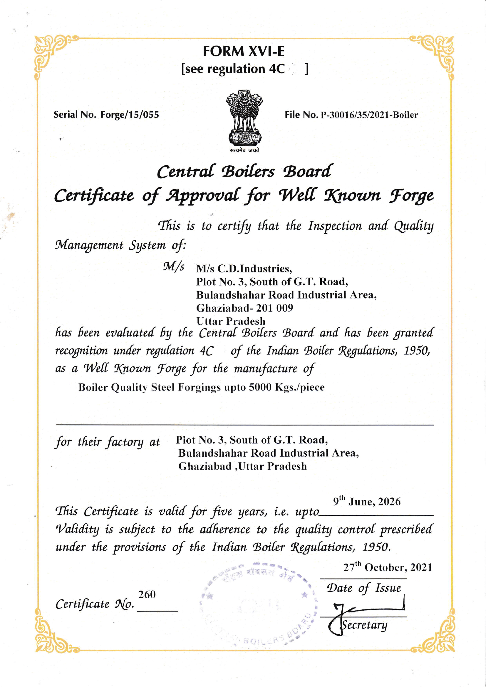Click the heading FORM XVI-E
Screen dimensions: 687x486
(243, 51)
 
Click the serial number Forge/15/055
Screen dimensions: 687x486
(130, 115)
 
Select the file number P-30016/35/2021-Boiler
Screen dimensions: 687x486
(369, 115)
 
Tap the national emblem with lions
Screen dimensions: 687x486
(244, 118)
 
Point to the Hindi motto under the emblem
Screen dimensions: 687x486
(244, 150)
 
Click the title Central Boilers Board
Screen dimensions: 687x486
(244, 172)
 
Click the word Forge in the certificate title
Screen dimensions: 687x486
(411, 196)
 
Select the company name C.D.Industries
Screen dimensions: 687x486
(254, 269)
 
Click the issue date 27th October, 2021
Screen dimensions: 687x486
(388, 567)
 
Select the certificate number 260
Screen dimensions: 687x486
(147, 594)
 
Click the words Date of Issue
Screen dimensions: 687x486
(363, 588)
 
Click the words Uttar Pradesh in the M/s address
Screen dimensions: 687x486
(231, 321)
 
